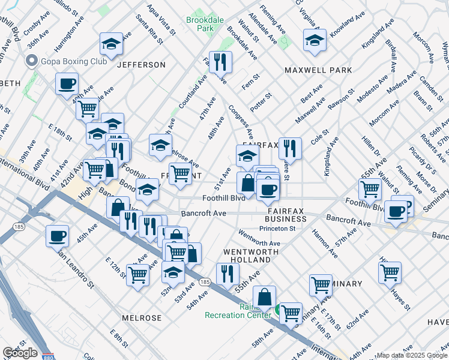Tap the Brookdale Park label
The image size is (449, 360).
205,24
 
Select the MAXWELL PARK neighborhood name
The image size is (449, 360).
318,70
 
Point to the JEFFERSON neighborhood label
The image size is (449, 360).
141,64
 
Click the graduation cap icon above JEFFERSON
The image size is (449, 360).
111,44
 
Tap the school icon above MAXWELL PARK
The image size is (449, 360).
315,40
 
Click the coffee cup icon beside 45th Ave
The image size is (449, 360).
58,236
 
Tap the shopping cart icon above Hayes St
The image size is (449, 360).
390,272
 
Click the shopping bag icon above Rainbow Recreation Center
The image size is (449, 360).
264,296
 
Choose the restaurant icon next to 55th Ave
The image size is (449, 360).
226,274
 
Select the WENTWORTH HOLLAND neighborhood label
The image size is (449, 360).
247,256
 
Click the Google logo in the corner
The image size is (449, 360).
20,353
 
